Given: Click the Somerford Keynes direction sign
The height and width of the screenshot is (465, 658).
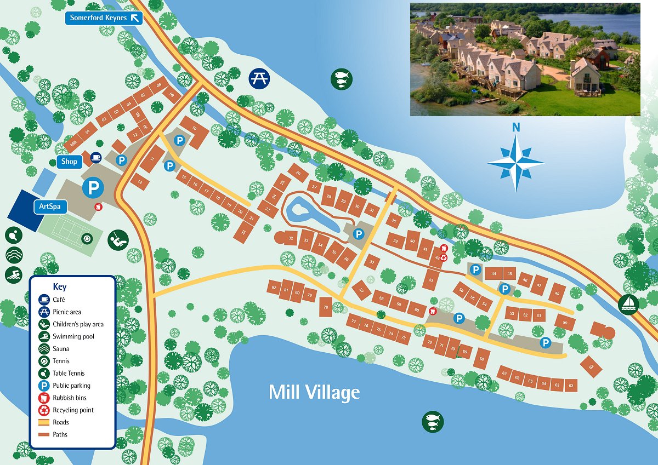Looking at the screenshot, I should (x=104, y=18).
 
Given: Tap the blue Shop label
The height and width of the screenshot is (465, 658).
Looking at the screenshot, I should (x=69, y=162).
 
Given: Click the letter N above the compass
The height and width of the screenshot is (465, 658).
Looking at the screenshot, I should (x=515, y=128).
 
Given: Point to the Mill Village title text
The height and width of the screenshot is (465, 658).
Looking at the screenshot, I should (x=314, y=392).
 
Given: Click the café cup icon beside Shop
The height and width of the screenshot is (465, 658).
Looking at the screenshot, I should (x=96, y=158).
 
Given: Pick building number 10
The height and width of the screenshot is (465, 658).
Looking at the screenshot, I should (x=194, y=128).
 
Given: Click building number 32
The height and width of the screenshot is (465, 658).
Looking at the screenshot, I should (x=292, y=239).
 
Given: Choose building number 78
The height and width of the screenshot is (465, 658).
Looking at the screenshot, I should (x=326, y=307).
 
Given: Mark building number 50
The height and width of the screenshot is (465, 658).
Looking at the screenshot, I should (x=565, y=323).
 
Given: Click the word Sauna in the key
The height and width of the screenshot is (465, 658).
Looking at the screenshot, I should (x=61, y=349).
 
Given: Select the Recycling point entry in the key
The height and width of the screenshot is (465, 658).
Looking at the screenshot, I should (x=73, y=410).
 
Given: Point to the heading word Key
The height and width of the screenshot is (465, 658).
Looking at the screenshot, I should (x=60, y=286).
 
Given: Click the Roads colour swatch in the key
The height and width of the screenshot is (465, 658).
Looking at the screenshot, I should (x=44, y=422).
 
